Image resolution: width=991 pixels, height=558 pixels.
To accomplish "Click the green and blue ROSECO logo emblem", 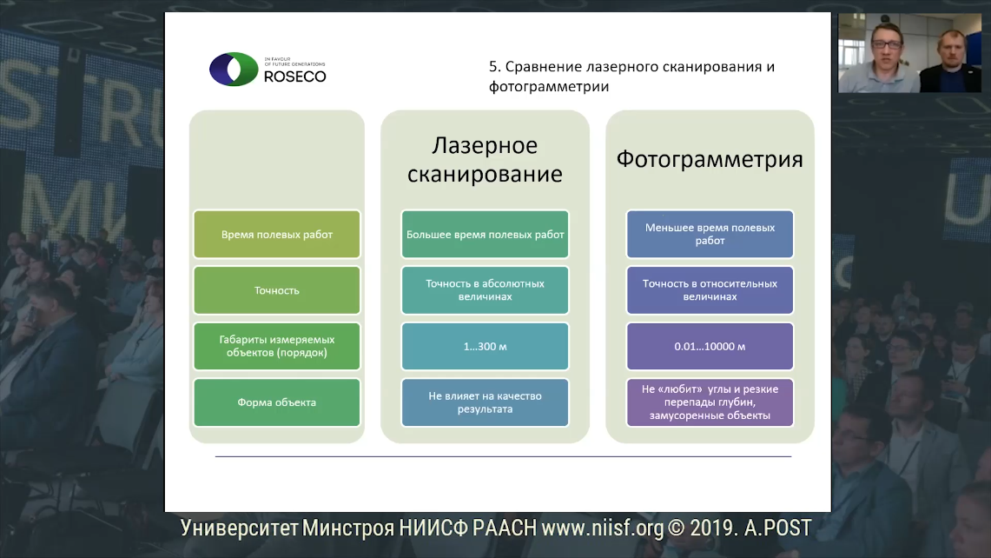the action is coord(234,69).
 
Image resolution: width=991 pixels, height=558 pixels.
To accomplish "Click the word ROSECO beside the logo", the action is coord(295,76).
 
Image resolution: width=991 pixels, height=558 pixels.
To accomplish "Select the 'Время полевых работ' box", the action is coord(277,234).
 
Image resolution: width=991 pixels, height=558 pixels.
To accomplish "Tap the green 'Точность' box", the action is coord(277,290).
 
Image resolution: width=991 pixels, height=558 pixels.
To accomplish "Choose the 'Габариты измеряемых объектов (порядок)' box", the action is coord(277,346).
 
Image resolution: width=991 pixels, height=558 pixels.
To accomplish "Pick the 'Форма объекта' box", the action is coord(277,402).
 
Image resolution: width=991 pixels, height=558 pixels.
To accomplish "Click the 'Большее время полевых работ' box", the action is coord(485,234).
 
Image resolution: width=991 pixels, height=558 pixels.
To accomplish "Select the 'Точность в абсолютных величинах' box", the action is coord(485,290).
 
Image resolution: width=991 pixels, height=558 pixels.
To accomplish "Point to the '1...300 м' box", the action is coord(485,346).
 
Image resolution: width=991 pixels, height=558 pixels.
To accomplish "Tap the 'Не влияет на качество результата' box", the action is coord(485,402).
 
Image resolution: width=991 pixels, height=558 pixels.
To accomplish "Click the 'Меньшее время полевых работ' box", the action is coord(710,234).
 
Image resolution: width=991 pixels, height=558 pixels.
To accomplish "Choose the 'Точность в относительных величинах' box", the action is coord(710,290).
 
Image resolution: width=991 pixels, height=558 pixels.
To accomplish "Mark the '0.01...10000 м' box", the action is coord(710,346).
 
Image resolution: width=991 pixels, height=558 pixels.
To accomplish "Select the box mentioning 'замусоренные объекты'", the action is coord(710,402).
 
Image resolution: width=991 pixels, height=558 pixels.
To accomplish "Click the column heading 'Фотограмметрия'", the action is coord(710,159).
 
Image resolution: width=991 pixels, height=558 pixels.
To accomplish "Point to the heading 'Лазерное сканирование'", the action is coord(485,159).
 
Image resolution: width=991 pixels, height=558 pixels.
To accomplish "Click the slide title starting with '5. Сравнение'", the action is coord(632,76).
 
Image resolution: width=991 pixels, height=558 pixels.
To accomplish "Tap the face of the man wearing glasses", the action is coord(886,46).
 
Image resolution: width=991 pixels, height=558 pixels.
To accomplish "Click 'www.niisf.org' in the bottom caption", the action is coord(602,528).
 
